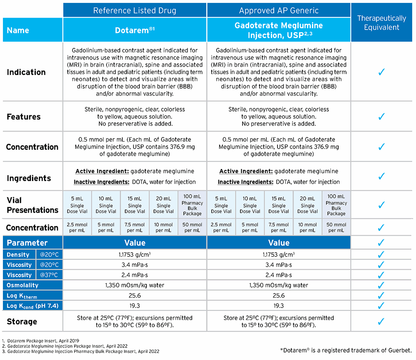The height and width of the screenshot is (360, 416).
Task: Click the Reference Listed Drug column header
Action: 134,10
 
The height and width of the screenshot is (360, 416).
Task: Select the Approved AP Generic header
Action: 278,10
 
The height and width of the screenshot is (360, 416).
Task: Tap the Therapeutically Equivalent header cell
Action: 381,23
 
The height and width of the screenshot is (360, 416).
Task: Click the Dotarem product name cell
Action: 134,30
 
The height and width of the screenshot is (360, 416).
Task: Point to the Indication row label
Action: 26,72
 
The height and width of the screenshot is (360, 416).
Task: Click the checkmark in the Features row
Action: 381,117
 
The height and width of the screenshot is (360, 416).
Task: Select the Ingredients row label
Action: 29,178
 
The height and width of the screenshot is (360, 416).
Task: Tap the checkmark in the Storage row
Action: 381,321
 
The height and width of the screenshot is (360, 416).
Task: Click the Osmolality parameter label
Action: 22,285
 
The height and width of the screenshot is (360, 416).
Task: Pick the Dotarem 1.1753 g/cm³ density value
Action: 134,254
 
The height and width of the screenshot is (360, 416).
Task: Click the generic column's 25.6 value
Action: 278,295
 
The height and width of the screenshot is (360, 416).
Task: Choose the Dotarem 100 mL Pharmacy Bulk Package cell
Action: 192,205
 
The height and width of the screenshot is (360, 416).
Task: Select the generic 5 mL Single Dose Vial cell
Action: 221,205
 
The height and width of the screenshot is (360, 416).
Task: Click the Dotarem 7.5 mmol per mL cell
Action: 134,228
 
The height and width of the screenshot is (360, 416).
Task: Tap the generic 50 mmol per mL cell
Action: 336,228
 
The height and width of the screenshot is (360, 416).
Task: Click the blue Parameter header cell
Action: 27,243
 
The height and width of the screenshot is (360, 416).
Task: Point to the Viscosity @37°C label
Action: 32,275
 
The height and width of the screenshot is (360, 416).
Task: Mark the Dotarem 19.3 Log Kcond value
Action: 134,305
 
